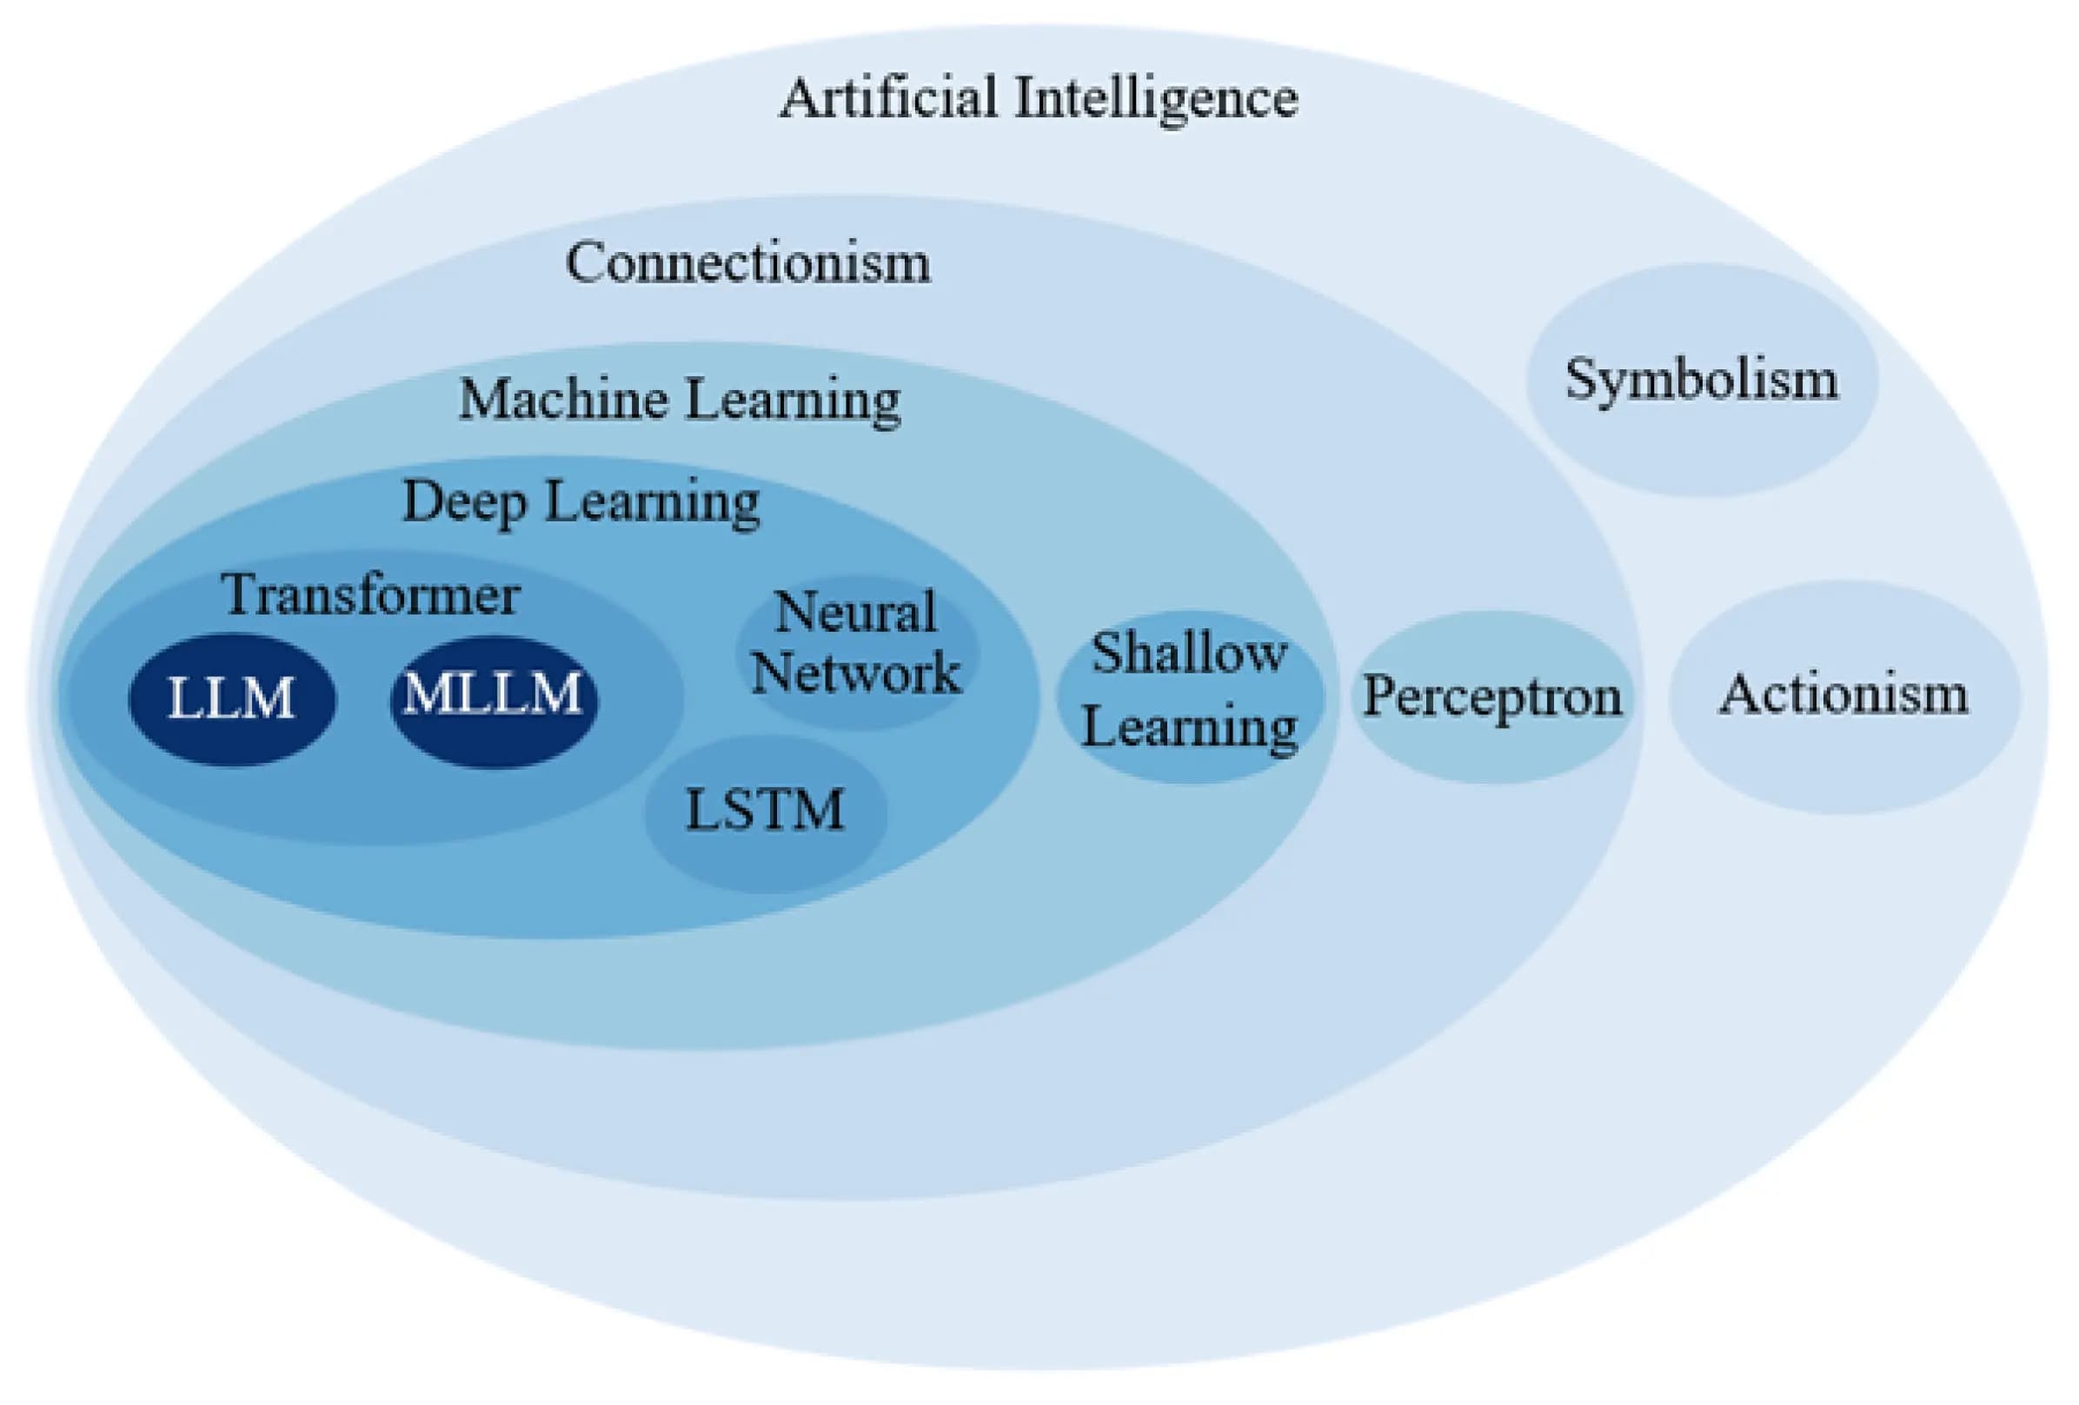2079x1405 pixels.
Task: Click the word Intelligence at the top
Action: pyautogui.click(x=1155, y=99)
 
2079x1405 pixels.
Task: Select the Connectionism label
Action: pyautogui.click(x=747, y=263)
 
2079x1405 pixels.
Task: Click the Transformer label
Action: pyautogui.click(x=371, y=594)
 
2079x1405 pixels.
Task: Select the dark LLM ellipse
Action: pyautogui.click(x=232, y=699)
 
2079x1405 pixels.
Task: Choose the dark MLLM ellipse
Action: pyautogui.click(x=494, y=699)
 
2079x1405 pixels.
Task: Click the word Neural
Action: pyautogui.click(x=855, y=613)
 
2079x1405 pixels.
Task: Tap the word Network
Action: pyautogui.click(x=855, y=673)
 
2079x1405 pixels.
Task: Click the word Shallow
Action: pyautogui.click(x=1189, y=653)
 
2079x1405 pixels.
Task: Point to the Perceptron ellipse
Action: pyautogui.click(x=1491, y=697)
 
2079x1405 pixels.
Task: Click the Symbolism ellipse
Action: pyautogui.click(x=1702, y=379)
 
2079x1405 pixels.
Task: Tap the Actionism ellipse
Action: pyautogui.click(x=1843, y=695)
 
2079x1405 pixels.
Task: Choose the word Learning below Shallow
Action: pyautogui.click(x=1189, y=726)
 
